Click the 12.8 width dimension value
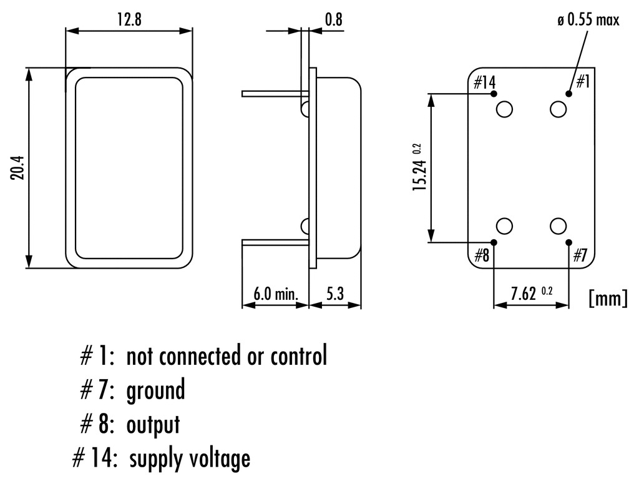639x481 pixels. point(129,19)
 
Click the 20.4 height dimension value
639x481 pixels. point(17,168)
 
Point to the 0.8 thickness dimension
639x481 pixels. point(334,19)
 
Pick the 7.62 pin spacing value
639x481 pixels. point(524,294)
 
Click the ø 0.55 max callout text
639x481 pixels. point(588,21)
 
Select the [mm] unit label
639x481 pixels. point(607,299)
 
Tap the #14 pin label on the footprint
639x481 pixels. point(484,82)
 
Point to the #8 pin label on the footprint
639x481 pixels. point(481,255)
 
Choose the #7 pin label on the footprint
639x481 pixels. point(580,255)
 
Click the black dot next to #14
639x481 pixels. point(494,94)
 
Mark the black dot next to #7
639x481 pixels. point(568,242)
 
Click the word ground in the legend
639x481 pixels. point(155,391)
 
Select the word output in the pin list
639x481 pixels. point(153,425)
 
